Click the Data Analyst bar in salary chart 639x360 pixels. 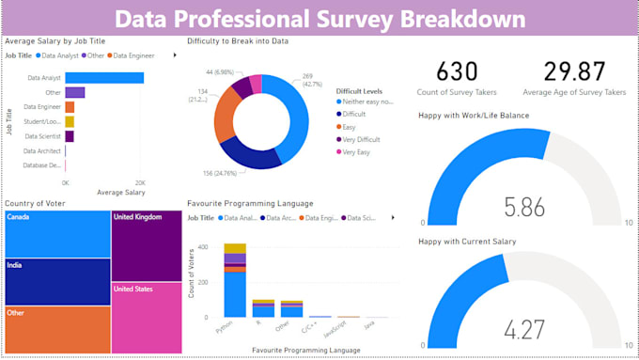[103, 78]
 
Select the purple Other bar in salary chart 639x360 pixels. [74, 92]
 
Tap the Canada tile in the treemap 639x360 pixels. [56, 233]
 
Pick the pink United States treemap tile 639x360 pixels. [146, 315]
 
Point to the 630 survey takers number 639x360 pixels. [458, 71]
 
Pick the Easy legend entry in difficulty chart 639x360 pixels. [351, 125]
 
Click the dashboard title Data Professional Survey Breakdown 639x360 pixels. [319, 19]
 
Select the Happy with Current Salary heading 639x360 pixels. [468, 242]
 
